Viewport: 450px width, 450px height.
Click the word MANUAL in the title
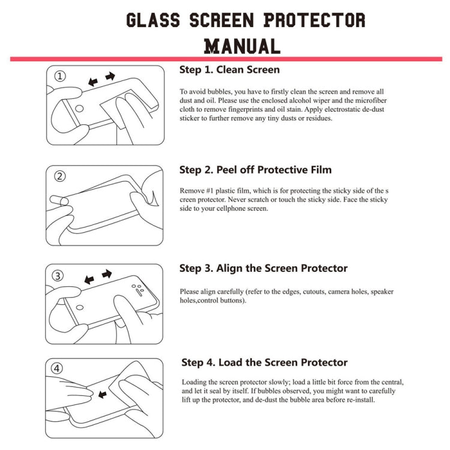pyautogui.click(x=242, y=46)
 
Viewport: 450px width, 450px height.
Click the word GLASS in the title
pyautogui.click(x=153, y=20)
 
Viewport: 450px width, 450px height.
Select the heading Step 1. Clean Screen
pyautogui.click(x=229, y=70)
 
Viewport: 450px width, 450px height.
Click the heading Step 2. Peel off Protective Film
pyautogui.click(x=256, y=170)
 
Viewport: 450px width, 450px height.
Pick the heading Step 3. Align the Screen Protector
pyautogui.click(x=263, y=268)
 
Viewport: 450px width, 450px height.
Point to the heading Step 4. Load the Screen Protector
pyautogui.click(x=265, y=362)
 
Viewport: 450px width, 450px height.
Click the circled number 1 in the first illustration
pyautogui.click(x=61, y=77)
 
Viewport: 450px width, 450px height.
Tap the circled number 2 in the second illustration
pyautogui.click(x=60, y=176)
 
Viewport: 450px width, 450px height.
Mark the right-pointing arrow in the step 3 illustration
pyautogui.click(x=107, y=274)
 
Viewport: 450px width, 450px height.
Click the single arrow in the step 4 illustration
pyautogui.click(x=101, y=394)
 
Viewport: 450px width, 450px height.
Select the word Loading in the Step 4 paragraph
pyautogui.click(x=194, y=382)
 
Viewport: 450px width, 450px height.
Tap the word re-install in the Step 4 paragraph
pyautogui.click(x=359, y=400)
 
